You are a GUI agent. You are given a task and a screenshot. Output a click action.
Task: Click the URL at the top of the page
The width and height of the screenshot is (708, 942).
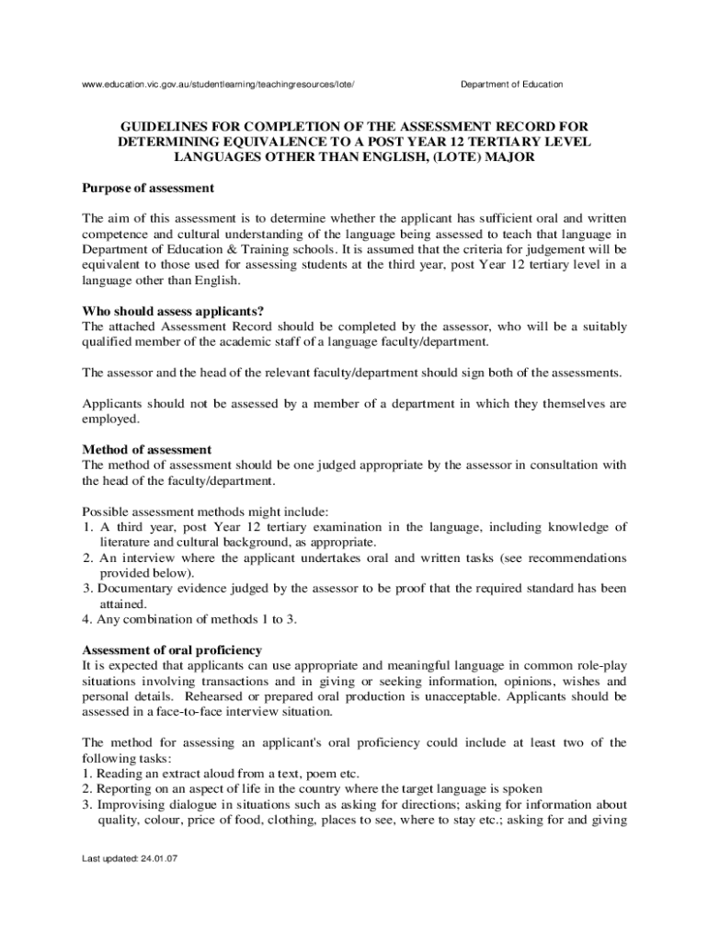pos(218,85)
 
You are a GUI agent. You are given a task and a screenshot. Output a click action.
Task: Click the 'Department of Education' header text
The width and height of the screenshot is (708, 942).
pos(511,85)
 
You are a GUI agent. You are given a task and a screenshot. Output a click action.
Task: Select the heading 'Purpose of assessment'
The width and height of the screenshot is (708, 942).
pos(148,188)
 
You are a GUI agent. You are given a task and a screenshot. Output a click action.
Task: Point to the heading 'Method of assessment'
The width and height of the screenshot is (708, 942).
pos(147,449)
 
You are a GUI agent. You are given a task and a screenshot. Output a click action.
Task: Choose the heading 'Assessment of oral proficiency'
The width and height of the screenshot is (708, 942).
pos(172,649)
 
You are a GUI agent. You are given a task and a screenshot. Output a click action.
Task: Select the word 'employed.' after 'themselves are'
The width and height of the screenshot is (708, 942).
pos(110,419)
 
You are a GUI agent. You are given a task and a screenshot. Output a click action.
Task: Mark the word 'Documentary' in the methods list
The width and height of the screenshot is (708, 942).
pos(133,589)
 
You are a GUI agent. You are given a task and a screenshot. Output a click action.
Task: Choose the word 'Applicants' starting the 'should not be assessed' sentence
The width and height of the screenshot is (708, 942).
pos(111,403)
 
